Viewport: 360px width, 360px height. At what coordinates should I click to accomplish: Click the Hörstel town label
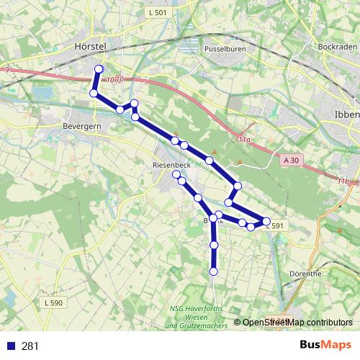tap(90, 45)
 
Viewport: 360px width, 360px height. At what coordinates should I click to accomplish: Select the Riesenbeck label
tap(171, 164)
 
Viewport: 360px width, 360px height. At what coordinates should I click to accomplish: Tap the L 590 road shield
tap(53, 303)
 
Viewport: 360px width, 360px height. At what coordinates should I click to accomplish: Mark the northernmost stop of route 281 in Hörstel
tap(99, 69)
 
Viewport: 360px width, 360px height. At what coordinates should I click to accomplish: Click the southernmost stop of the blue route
tap(213, 271)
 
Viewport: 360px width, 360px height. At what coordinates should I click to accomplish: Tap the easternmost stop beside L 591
tap(266, 221)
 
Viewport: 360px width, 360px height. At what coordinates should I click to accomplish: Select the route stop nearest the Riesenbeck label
tap(176, 174)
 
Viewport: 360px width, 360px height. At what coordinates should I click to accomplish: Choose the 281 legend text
tap(30, 346)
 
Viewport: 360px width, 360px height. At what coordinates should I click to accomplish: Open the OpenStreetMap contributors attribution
tap(297, 323)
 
